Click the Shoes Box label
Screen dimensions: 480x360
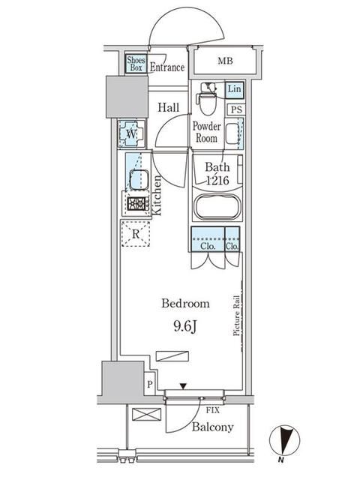135,63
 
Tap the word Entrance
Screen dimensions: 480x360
166,67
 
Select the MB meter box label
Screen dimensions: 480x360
224,61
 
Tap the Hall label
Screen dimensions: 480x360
167,108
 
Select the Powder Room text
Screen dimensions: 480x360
206,132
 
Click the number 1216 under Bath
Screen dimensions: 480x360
217,180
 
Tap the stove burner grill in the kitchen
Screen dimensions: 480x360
136,203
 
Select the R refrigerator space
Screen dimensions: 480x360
136,233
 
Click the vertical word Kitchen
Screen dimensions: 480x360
158,195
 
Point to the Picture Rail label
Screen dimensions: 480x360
236,315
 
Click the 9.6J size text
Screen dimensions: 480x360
185,327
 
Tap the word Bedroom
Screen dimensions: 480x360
185,304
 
